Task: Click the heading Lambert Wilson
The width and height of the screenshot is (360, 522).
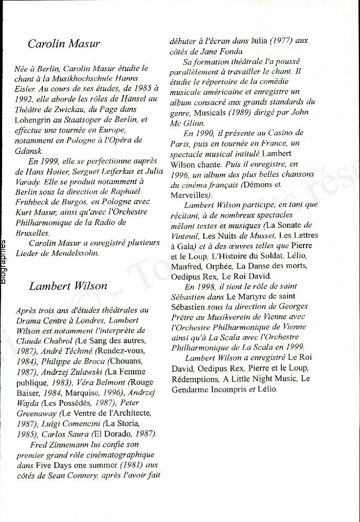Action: [68, 286]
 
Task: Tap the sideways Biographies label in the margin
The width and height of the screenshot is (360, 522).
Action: [4, 262]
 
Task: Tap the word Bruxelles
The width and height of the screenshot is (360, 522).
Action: [32, 232]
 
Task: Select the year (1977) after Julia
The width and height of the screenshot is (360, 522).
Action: [277, 41]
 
